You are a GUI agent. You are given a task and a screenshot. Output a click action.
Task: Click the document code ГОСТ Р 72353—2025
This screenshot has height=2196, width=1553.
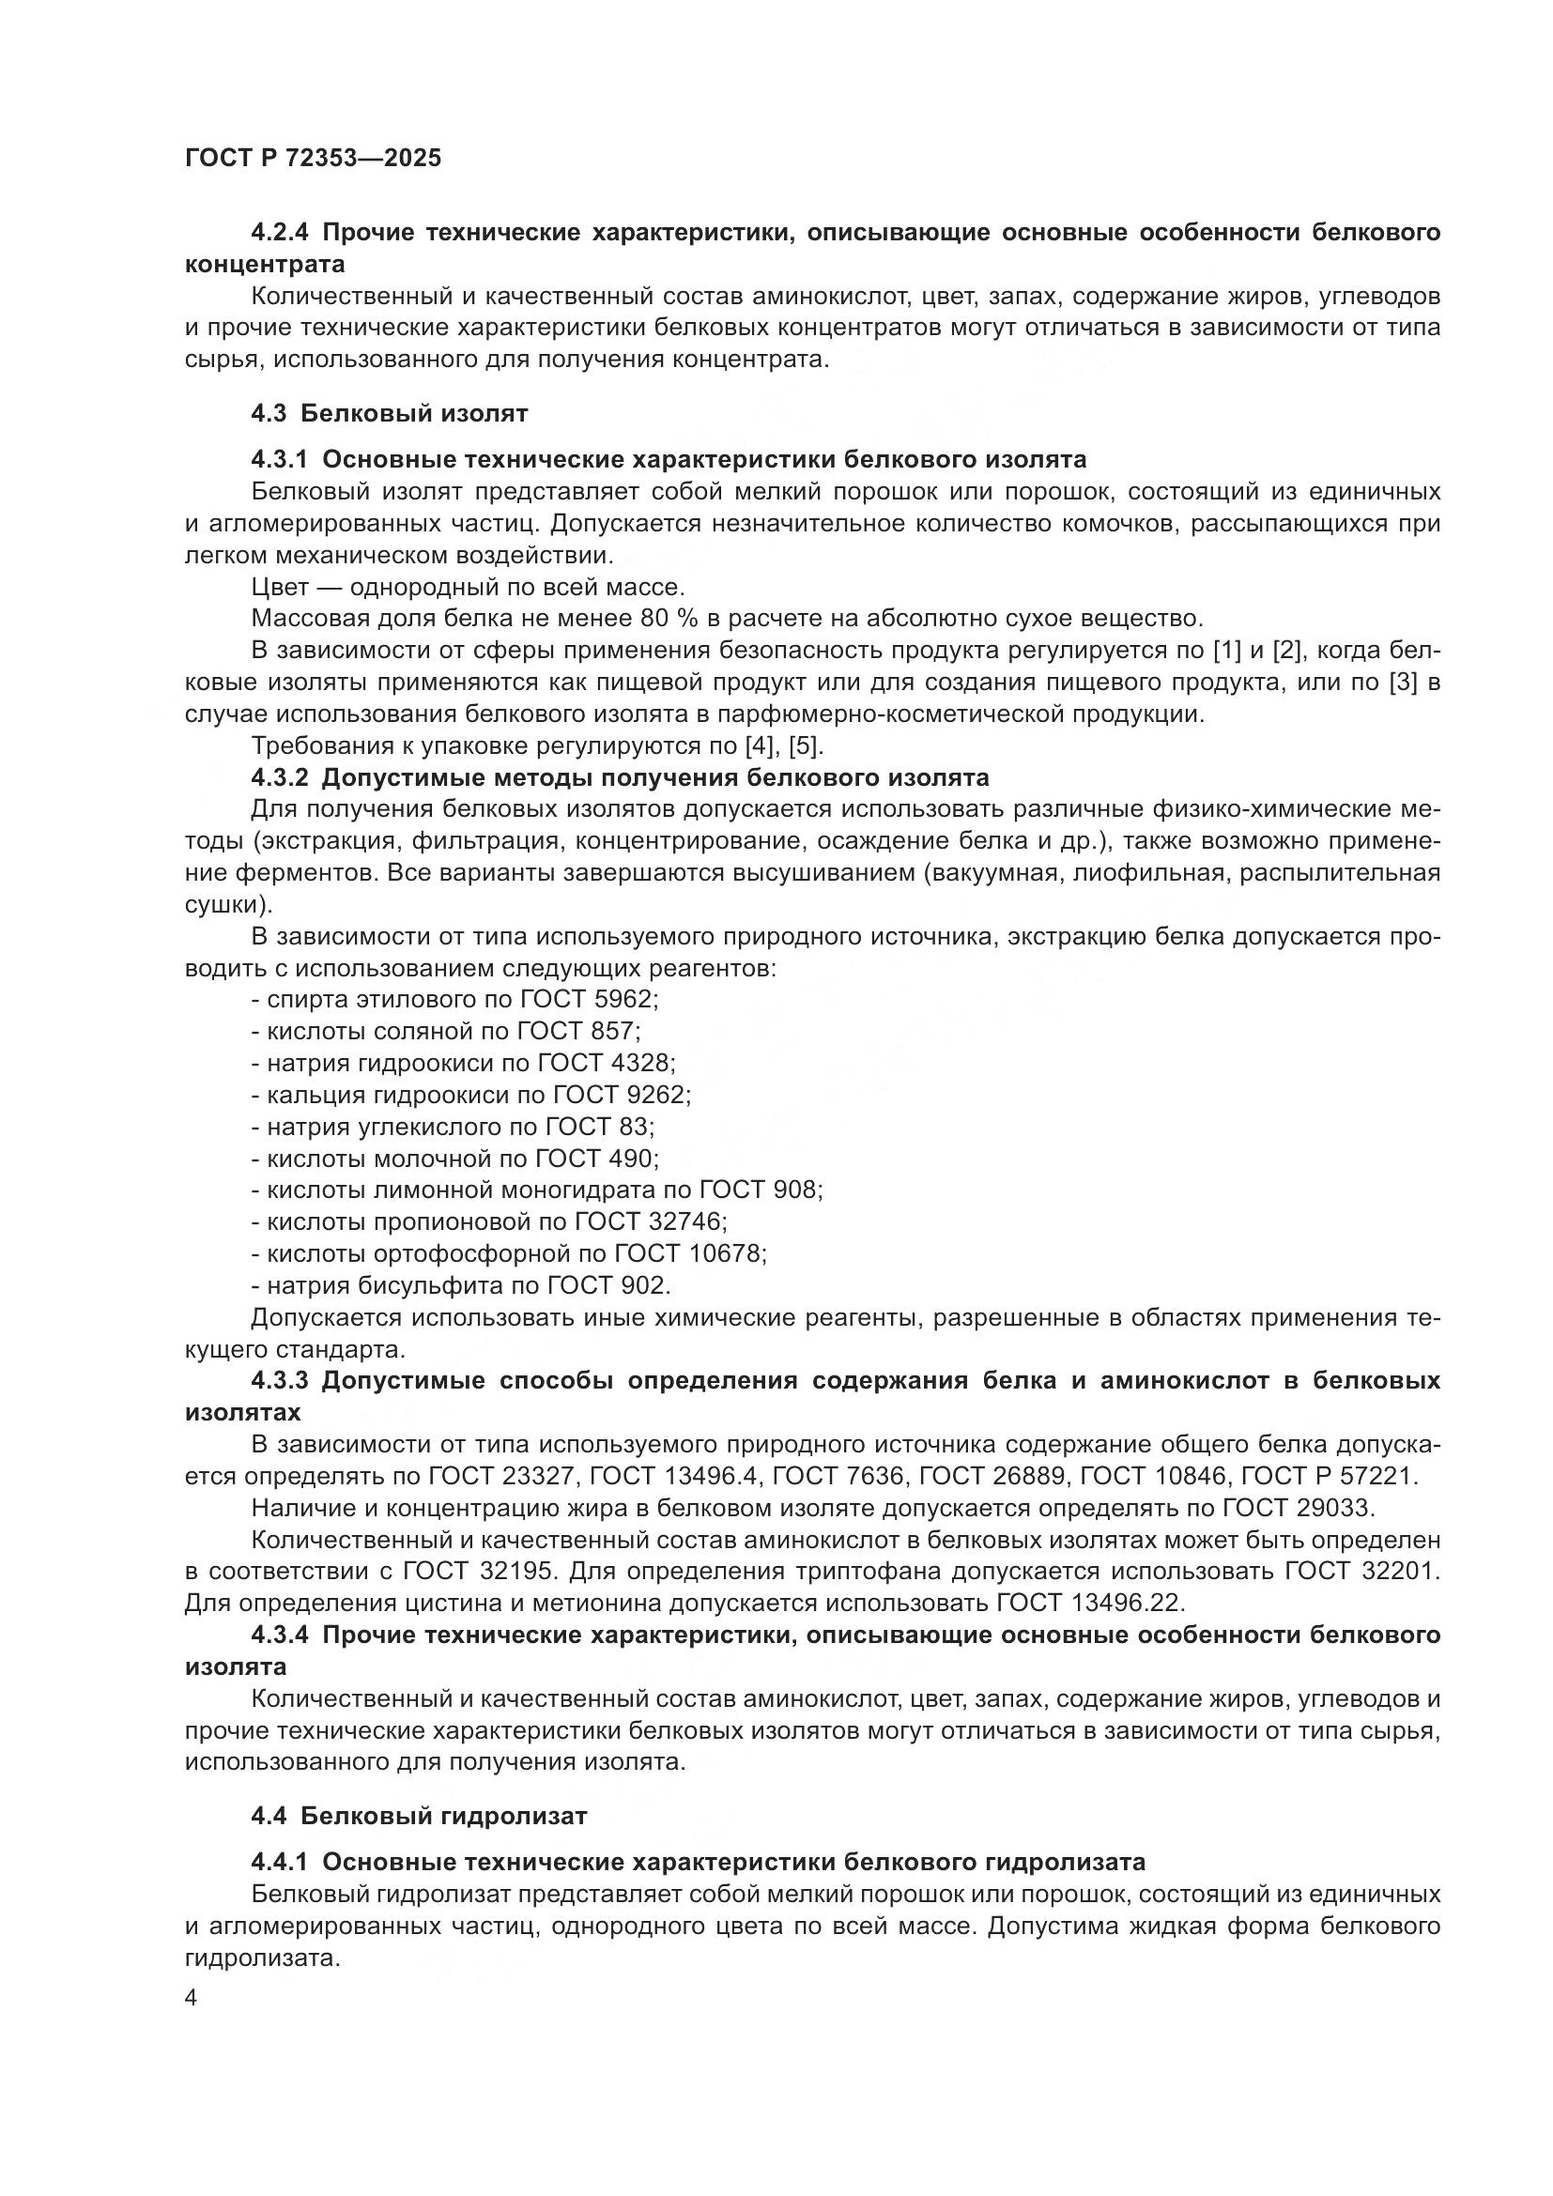click(313, 159)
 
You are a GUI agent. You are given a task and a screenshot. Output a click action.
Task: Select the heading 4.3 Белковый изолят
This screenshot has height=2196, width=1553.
click(390, 413)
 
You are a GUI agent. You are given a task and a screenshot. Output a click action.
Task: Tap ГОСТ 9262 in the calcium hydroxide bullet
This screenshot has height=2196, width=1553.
click(621, 1094)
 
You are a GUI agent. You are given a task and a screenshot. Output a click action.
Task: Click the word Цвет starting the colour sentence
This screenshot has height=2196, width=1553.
click(280, 587)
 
